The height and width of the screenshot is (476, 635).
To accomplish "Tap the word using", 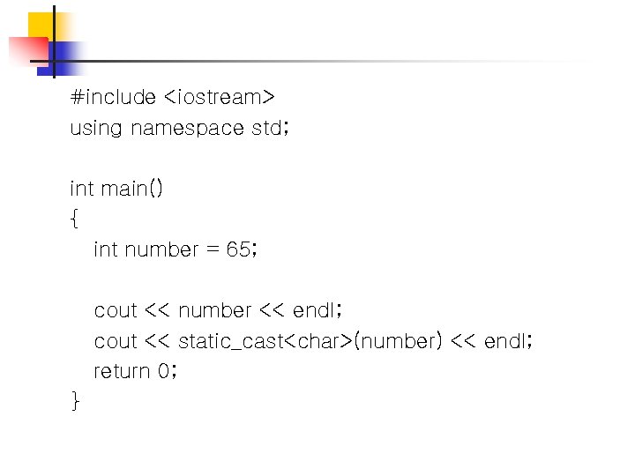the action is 96,129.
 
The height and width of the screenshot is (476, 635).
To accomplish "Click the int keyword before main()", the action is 81,189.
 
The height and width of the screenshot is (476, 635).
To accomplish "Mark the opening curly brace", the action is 73,219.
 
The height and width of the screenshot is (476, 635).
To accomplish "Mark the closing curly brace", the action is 74,402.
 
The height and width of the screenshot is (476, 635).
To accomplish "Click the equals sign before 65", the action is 212,250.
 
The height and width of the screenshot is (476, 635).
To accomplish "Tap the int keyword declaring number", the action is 106,249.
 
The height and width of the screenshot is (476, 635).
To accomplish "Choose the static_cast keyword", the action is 228,341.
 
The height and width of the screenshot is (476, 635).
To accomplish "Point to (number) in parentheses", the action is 397,341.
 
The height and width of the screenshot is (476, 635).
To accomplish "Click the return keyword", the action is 122,371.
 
